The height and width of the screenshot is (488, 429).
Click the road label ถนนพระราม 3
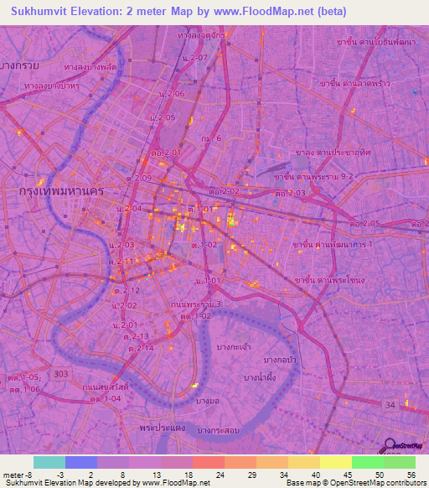click(195, 304)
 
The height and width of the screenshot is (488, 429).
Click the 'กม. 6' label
click(210, 138)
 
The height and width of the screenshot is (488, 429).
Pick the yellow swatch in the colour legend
click(335, 462)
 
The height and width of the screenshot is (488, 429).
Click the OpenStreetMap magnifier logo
click(392, 445)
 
